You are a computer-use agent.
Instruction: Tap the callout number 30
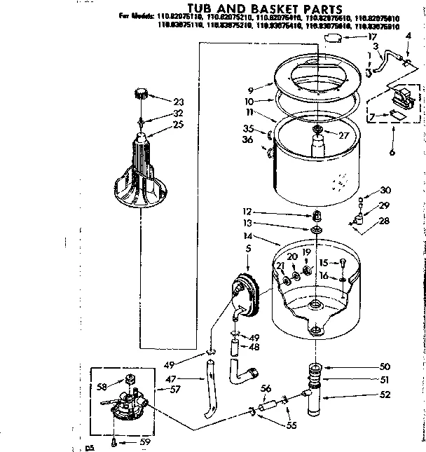coord(385,190)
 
